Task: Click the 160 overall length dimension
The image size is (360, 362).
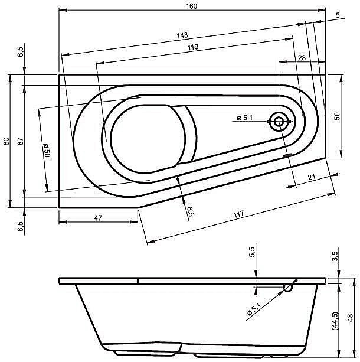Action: coord(192,6)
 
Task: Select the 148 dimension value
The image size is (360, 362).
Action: coord(182,35)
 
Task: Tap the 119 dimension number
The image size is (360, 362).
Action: coord(193,47)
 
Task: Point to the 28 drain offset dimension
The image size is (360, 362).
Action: coord(302,58)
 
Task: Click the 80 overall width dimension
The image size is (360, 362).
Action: coord(6,141)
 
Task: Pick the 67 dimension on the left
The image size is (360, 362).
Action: coord(21,141)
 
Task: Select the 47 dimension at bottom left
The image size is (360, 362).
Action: coord(98,218)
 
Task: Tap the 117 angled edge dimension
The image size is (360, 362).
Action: coord(238,214)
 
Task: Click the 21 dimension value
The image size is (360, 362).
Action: coord(311,177)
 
